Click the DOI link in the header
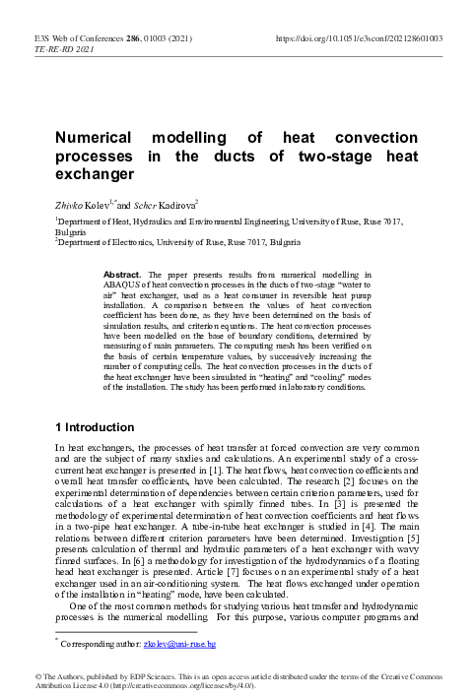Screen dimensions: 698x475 [360, 37]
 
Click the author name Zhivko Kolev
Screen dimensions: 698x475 [82, 202]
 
